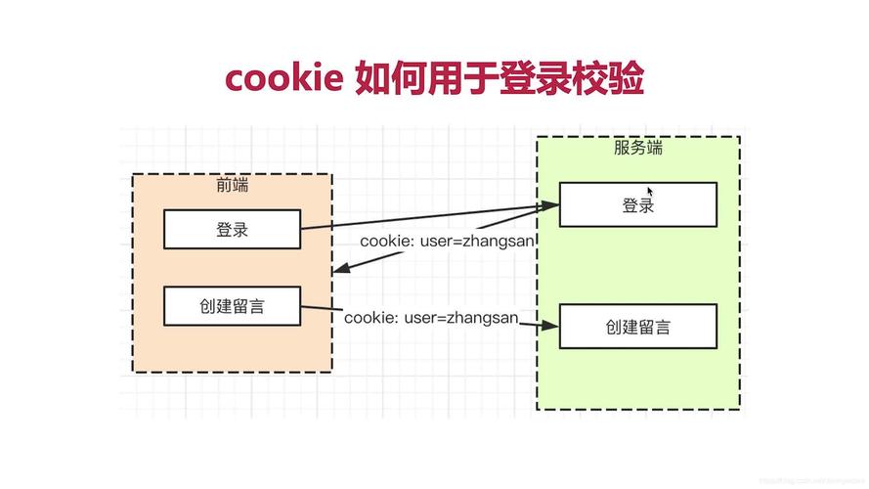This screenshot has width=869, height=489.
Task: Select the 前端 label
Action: click(x=233, y=186)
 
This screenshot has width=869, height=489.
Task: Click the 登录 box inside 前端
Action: click(x=232, y=230)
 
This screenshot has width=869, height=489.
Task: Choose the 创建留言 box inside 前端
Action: click(x=232, y=306)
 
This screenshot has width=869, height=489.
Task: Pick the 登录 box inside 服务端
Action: click(x=637, y=204)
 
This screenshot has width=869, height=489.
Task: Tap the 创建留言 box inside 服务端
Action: click(x=637, y=327)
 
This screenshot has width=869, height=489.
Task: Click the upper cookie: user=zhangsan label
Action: click(x=447, y=241)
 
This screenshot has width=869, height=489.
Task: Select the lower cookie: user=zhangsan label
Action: click(x=430, y=317)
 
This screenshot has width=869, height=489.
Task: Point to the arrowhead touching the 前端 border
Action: click(x=339, y=268)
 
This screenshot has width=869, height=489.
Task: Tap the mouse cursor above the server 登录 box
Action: click(x=652, y=192)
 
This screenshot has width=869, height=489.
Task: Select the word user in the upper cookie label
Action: click(x=436, y=241)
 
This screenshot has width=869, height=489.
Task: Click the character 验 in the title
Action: click(x=625, y=77)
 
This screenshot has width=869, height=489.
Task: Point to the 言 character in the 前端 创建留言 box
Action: click(x=281, y=306)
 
